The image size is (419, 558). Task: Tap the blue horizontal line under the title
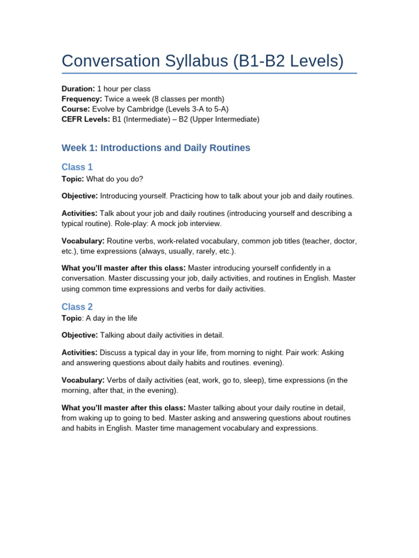pyautogui.click(x=209, y=73)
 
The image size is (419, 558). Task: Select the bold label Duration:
pyautogui.click(x=78, y=89)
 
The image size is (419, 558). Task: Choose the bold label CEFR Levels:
pyautogui.click(x=86, y=119)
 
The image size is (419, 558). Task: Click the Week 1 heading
pyautogui.click(x=155, y=148)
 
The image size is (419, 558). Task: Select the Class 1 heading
pyautogui.click(x=77, y=167)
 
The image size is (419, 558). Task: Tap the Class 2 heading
pyautogui.click(x=77, y=307)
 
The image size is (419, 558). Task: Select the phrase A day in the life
pyautogui.click(x=112, y=318)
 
